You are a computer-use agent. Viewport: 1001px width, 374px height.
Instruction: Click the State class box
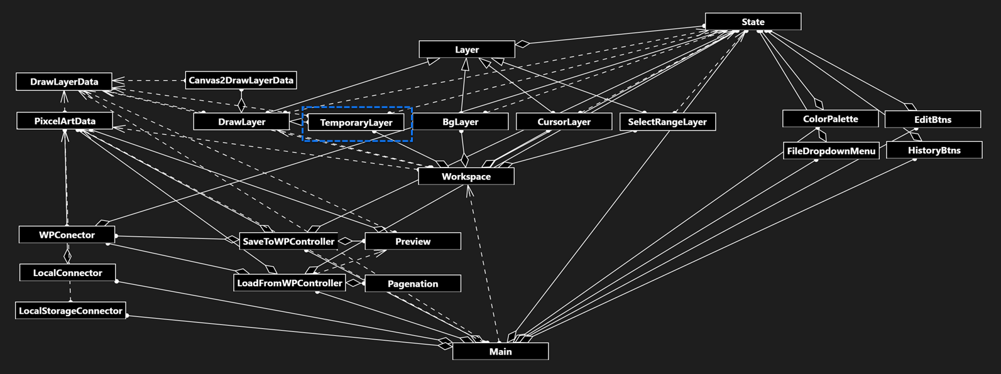[x=753, y=22]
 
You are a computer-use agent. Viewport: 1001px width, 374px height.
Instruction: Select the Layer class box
[x=467, y=50]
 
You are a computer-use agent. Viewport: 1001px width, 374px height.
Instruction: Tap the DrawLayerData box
[x=64, y=82]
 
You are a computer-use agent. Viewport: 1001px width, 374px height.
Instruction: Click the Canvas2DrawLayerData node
[x=241, y=80]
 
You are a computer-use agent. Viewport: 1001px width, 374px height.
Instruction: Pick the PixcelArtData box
[x=65, y=121]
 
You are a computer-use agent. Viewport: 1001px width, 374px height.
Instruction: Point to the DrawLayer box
[x=241, y=122]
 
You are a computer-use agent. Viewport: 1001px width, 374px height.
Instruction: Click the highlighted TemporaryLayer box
[x=356, y=123]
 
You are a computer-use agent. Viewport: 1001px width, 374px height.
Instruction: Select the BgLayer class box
[x=461, y=122]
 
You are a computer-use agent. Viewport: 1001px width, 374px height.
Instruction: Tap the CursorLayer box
[x=564, y=122]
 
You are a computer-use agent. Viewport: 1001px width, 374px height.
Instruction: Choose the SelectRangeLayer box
[x=667, y=122]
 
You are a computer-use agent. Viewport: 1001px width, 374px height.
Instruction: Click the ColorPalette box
[x=830, y=119]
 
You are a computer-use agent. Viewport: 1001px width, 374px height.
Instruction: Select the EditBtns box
[x=933, y=119]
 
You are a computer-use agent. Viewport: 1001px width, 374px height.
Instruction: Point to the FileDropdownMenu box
[x=831, y=151]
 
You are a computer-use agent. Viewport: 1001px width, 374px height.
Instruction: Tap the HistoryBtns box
[x=934, y=151]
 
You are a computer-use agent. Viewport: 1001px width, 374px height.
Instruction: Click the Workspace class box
[x=466, y=176]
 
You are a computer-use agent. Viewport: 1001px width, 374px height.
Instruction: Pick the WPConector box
[x=67, y=235]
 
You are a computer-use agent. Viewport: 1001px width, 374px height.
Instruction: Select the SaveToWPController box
[x=288, y=242]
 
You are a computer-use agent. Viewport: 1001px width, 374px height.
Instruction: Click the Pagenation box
[x=413, y=284]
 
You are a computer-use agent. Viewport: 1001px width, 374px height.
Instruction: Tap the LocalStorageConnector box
[x=70, y=311]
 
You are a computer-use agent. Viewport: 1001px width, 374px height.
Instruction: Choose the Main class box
[x=500, y=351]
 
